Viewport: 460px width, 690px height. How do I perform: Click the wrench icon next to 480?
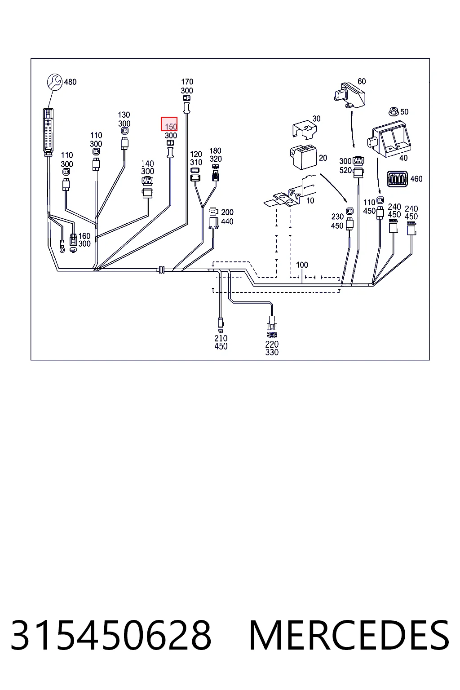click(x=54, y=82)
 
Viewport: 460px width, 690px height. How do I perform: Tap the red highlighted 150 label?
click(x=169, y=124)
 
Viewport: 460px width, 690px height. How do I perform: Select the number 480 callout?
click(x=70, y=82)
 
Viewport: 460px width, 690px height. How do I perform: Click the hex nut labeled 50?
click(x=394, y=111)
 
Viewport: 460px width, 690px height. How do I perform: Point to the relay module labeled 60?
click(x=349, y=95)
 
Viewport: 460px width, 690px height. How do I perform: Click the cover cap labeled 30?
click(x=305, y=129)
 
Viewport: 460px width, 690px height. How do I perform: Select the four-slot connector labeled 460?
click(x=397, y=179)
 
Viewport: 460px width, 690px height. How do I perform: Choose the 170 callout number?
click(x=187, y=82)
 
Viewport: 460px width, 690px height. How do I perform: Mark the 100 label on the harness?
click(x=302, y=265)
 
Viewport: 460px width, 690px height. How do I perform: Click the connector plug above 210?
click(x=220, y=323)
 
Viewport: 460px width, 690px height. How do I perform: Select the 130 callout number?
click(x=124, y=115)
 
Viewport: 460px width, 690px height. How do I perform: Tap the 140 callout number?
click(x=147, y=164)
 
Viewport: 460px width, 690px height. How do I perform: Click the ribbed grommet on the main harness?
click(x=161, y=270)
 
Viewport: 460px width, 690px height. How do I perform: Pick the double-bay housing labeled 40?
click(x=389, y=139)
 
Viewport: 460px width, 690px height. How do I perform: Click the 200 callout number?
click(x=227, y=212)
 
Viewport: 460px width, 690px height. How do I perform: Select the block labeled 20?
click(x=304, y=156)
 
